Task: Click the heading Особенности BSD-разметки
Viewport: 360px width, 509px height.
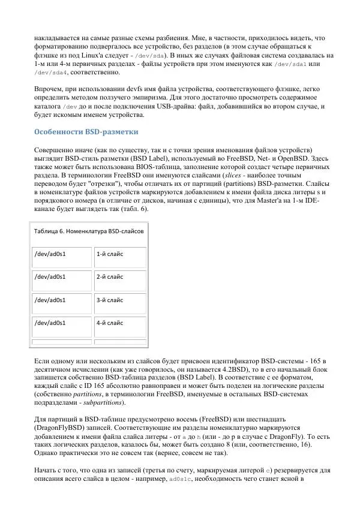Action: (x=86, y=131)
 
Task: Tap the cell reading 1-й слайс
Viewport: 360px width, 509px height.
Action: (x=110, y=254)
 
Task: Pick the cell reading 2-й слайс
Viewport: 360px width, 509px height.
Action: (x=110, y=276)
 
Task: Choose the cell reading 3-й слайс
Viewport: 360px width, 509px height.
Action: (x=110, y=299)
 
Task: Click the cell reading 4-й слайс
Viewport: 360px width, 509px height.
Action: (x=110, y=322)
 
